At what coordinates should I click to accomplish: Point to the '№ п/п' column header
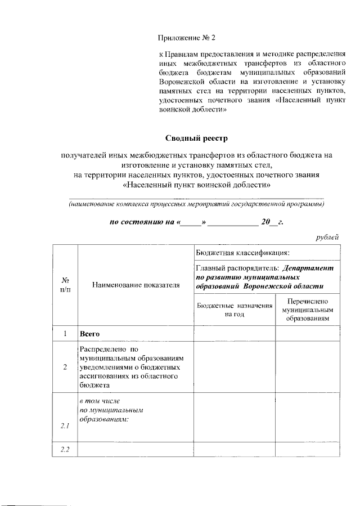(x=65, y=285)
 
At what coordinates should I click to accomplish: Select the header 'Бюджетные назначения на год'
(x=235, y=310)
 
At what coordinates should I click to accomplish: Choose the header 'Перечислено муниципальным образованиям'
(x=307, y=310)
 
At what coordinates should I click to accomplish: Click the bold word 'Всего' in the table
(x=89, y=334)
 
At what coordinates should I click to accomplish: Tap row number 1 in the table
(x=65, y=334)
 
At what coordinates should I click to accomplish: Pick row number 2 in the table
(x=65, y=367)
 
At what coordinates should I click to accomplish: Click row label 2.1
(x=65, y=426)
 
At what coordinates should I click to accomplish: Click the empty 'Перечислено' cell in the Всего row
(x=307, y=334)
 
